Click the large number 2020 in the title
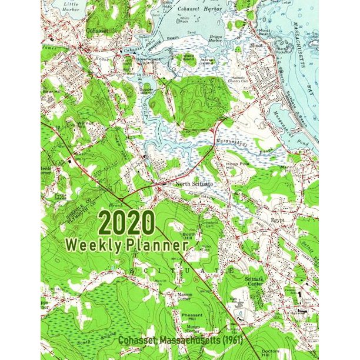point(126,224)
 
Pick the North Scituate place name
point(191,184)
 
